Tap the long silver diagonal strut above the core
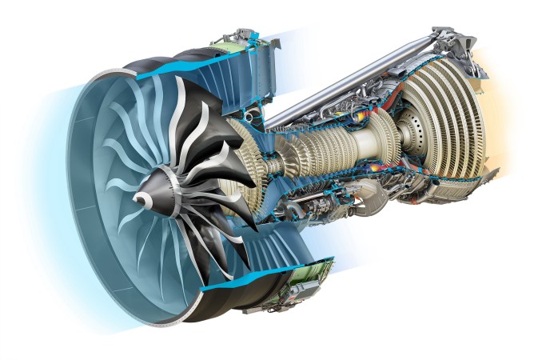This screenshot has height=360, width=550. pyautogui.click(x=352, y=88)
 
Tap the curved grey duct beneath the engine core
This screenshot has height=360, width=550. pyautogui.click(x=368, y=200)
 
